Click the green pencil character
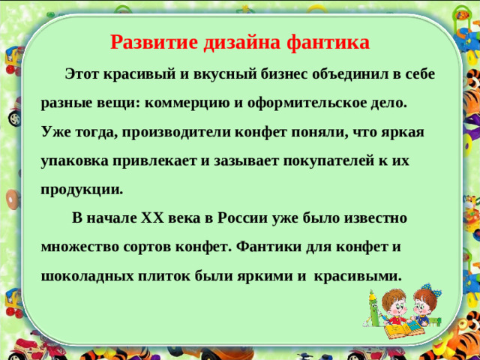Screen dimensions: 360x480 373,307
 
